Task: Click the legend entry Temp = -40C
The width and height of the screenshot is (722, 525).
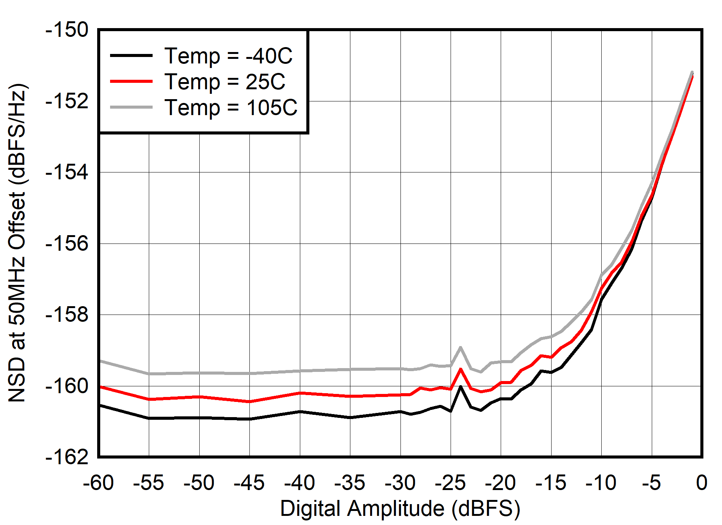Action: point(228,56)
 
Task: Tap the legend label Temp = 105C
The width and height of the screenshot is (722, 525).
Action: point(231,108)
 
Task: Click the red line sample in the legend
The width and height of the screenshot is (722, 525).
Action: point(131,81)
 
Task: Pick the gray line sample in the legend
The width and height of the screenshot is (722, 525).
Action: point(131,107)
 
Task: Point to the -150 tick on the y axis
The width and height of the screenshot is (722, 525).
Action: point(67,30)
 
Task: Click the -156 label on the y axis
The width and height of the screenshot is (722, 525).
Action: point(67,244)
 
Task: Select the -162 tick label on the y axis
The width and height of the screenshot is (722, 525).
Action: point(67,457)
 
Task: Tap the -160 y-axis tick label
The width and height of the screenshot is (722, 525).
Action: point(67,386)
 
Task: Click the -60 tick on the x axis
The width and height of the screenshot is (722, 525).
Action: point(98,483)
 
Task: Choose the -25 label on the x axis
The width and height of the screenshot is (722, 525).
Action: point(451,483)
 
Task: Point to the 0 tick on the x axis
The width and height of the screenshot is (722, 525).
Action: point(702,483)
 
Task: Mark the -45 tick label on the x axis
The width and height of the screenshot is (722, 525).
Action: point(249,483)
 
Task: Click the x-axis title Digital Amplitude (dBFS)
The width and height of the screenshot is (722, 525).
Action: point(400,508)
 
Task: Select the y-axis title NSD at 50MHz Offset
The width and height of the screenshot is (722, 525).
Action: point(17,243)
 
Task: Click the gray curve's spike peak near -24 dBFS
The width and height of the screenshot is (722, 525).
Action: point(460,347)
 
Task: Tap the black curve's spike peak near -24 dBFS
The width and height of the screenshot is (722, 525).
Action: point(460,387)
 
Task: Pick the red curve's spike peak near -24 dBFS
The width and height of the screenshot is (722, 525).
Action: point(460,369)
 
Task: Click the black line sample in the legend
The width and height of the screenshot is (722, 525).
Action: point(131,55)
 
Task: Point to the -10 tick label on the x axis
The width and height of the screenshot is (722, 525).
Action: point(601,483)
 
